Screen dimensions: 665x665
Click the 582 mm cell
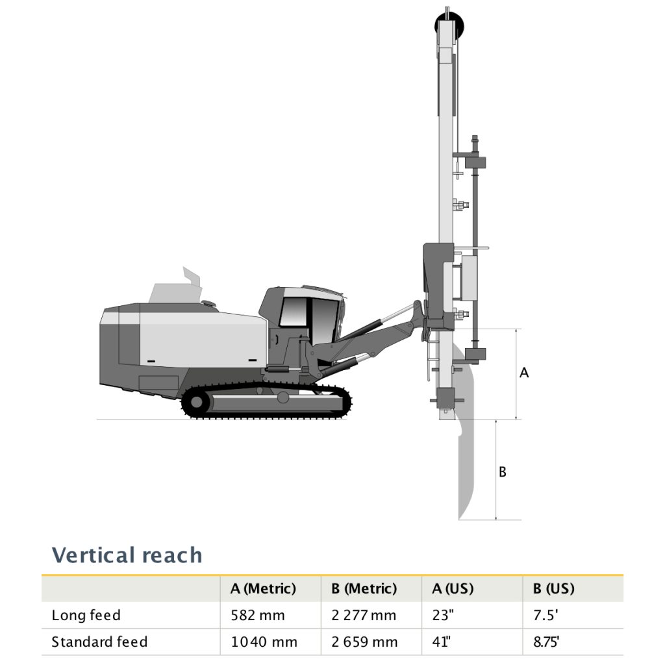coord(257,615)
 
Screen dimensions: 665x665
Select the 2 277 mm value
coord(364,615)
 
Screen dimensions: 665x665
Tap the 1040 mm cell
coord(264,642)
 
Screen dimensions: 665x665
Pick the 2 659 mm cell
coord(364,642)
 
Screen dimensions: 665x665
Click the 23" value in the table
coord(441,615)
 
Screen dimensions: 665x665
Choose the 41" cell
coord(441,642)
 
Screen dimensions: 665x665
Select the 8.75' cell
coord(546,642)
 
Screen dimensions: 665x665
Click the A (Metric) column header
coord(263,588)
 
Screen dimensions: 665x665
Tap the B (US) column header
coord(553,588)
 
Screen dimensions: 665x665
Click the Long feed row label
coord(86,615)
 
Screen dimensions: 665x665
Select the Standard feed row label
coord(99,642)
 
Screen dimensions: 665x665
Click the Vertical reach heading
coord(127,555)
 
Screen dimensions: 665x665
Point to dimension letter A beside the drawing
coord(525,373)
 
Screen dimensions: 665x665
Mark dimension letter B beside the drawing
coord(502,472)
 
